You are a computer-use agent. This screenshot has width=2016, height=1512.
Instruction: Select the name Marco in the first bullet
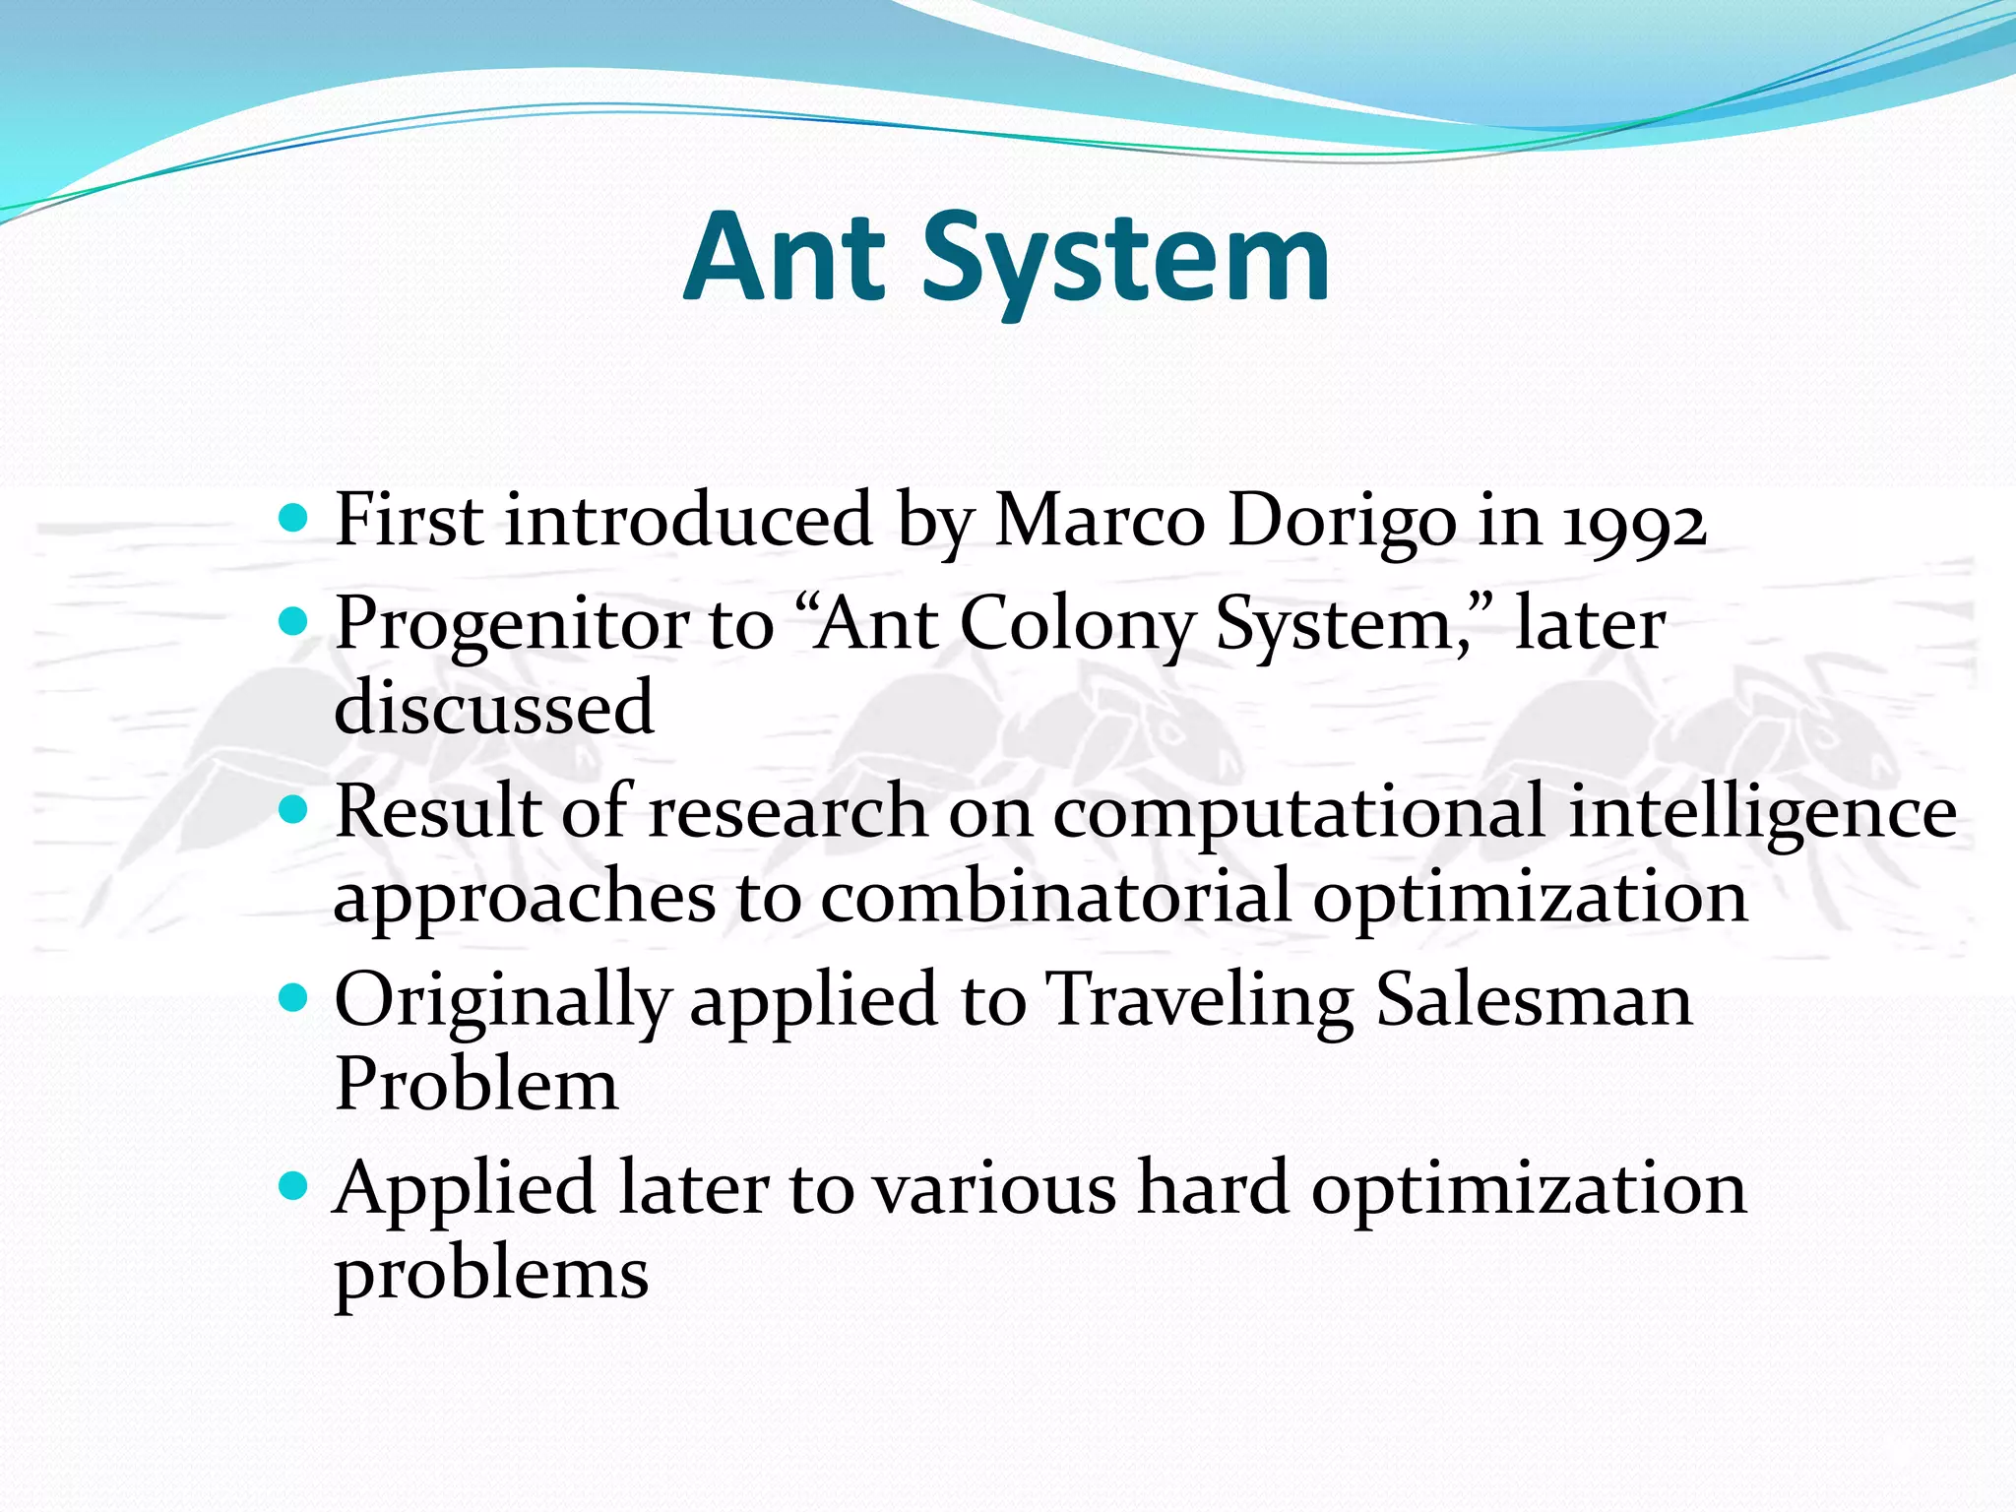1100,519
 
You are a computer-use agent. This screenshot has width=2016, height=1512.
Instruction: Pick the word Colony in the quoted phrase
1076,625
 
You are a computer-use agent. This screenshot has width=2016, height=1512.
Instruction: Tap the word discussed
493,707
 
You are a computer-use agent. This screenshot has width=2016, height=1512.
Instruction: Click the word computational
1298,814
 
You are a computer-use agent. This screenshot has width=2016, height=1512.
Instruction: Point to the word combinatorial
1054,898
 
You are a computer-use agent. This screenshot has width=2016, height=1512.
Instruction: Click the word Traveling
1198,1001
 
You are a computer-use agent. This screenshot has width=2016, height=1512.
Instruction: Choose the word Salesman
1533,1001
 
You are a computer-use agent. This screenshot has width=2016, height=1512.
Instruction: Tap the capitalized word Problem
476,1084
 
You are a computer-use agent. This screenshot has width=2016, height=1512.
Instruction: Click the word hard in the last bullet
1212,1188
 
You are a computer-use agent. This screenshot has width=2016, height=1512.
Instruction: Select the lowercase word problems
491,1273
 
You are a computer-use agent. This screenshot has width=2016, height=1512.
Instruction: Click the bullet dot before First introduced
293,517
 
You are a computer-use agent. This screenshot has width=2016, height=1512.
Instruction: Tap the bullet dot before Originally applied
293,998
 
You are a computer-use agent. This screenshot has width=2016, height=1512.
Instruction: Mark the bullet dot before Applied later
293,1185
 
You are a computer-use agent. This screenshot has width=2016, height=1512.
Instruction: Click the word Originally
501,1001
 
